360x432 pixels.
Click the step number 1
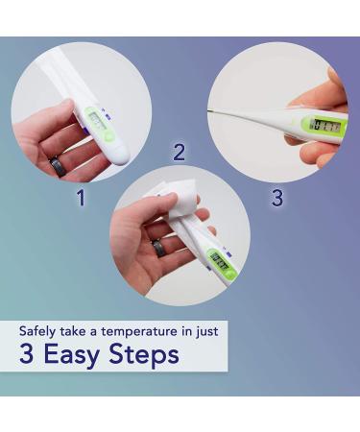point(81,198)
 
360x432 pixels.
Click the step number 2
point(179,152)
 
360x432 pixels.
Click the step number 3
point(277,198)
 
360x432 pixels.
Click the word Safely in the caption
point(39,331)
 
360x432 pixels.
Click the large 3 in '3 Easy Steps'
point(27,355)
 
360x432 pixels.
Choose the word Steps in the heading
point(144,355)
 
